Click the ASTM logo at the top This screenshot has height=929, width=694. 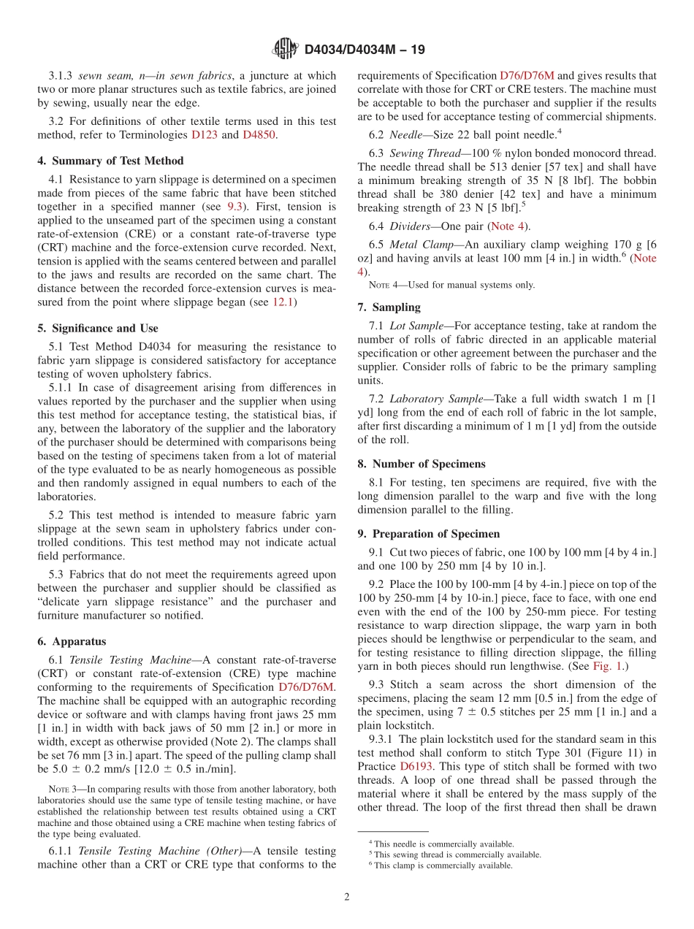285,49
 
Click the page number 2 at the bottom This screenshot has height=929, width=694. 347,897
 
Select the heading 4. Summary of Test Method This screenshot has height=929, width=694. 110,161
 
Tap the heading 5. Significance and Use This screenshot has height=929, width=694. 97,328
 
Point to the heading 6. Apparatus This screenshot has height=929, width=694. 72,641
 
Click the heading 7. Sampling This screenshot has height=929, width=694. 389,307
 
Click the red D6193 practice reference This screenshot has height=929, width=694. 414,767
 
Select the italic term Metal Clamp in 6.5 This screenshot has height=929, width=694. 424,244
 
